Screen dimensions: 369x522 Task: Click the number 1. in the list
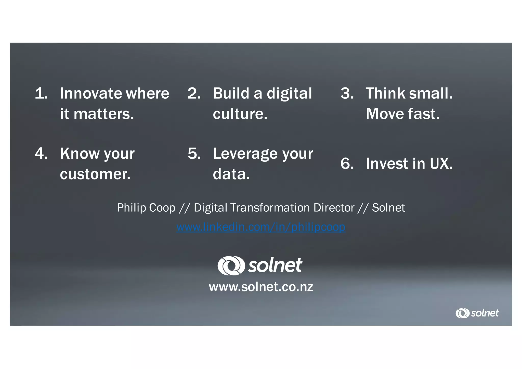tap(41, 93)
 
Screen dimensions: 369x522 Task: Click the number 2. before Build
tap(194, 93)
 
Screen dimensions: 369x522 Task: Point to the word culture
tap(240, 114)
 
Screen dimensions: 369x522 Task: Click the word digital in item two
tap(289, 93)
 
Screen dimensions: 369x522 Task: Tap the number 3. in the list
tap(347, 93)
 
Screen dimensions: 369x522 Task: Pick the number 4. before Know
tap(41, 154)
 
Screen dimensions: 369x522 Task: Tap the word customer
tap(95, 174)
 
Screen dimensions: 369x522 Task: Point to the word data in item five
tap(231, 174)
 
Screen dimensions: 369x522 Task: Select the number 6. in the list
tap(347, 163)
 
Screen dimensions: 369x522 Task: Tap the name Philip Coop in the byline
tap(146, 208)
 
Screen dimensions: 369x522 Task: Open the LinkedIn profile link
tap(261, 227)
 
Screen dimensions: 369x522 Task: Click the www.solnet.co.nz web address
tap(261, 287)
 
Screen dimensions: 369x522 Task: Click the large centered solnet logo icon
tap(231, 266)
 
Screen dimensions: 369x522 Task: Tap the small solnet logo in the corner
tap(477, 313)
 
